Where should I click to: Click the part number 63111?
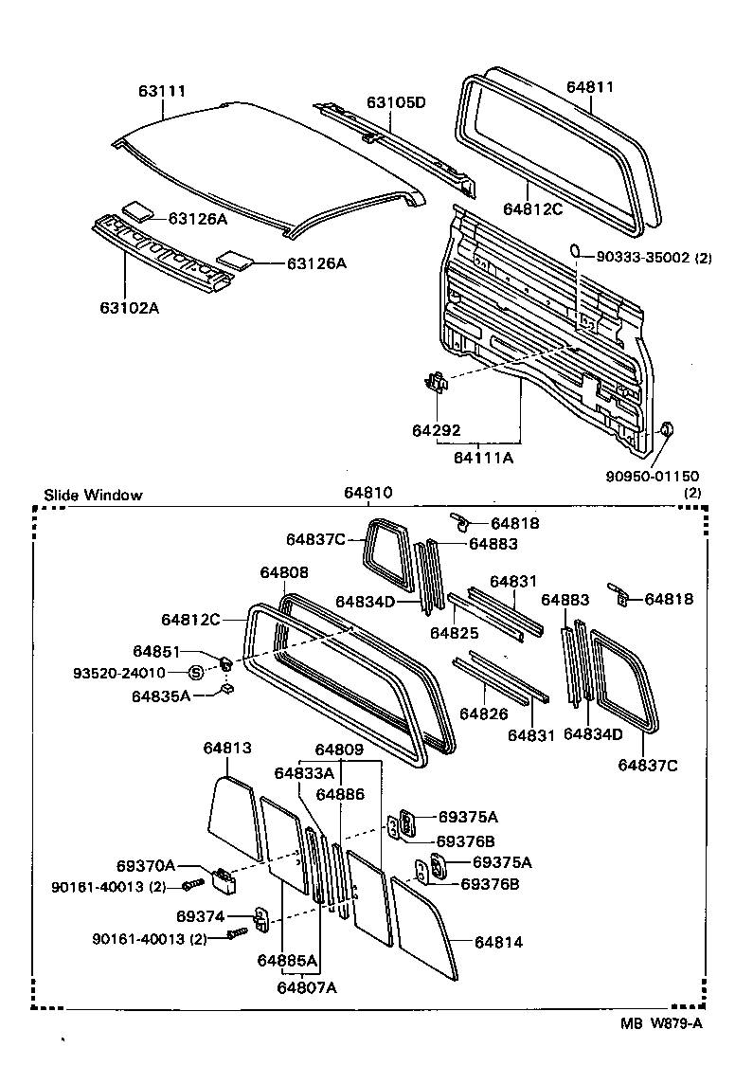pos(162,92)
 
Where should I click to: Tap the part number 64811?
pos(590,87)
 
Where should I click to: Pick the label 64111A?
pos(483,458)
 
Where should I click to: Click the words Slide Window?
pos(93,495)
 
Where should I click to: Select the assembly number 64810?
pos(368,494)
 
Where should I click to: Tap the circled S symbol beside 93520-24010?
pos(196,673)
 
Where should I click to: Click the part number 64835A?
pos(161,696)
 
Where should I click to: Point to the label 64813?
pos(227,748)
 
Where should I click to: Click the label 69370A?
pos(146,865)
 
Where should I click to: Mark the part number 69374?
pos(200,916)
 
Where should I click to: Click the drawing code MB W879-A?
pos(661,1022)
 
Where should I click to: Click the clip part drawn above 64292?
pos(436,382)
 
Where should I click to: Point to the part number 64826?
pos(484,714)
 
